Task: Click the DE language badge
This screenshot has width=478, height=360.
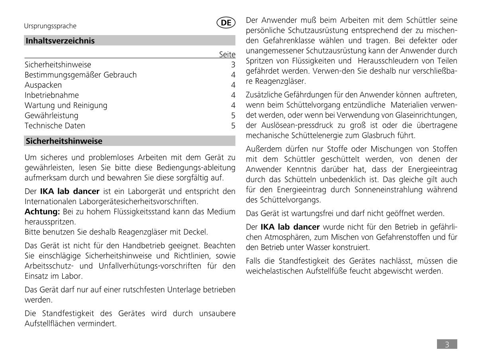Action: click(x=226, y=23)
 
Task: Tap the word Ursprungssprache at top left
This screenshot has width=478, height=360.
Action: click(x=50, y=26)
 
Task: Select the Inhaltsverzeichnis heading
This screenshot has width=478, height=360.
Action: click(x=60, y=41)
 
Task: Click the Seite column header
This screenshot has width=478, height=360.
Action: click(x=227, y=55)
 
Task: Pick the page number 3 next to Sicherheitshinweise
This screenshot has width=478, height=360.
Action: click(x=233, y=65)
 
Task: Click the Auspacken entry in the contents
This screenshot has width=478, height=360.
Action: click(x=43, y=85)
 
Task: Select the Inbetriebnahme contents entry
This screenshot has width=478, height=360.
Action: click(x=52, y=95)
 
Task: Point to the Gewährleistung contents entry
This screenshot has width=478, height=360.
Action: click(x=51, y=116)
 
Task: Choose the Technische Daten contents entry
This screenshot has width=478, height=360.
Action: click(x=55, y=126)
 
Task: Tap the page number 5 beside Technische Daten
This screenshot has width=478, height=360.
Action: click(x=233, y=126)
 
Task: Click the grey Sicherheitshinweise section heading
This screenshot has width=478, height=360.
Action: click(x=64, y=141)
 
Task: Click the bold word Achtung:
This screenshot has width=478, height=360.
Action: click(x=42, y=211)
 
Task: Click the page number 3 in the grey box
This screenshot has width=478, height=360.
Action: click(x=447, y=344)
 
